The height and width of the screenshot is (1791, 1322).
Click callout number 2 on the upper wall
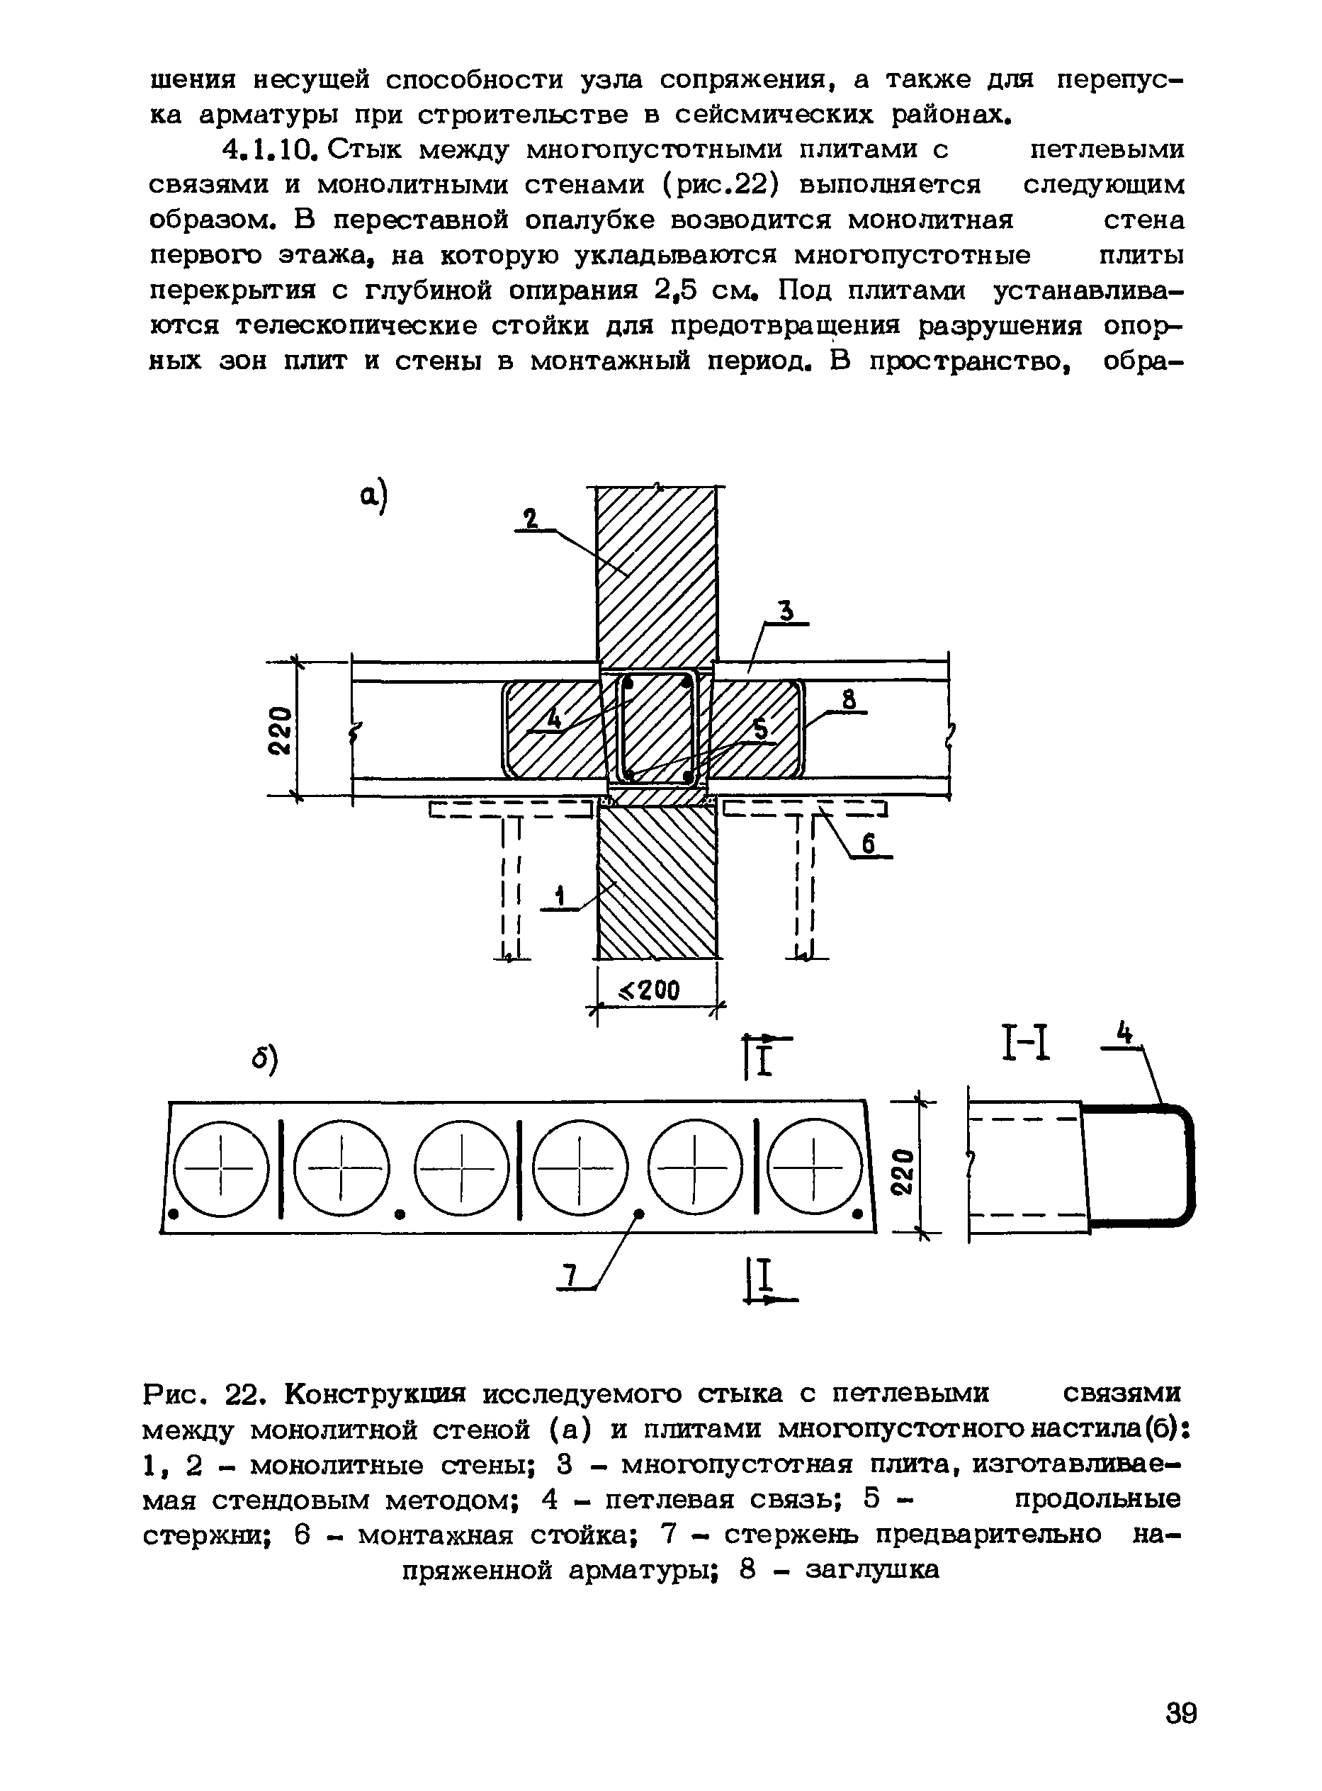click(x=530, y=520)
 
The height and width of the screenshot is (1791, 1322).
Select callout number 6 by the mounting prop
click(x=869, y=844)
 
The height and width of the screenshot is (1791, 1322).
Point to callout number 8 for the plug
click(x=850, y=700)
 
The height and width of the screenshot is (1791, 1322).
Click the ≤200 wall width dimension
click(x=650, y=990)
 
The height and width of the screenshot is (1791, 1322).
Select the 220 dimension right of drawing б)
click(x=903, y=1172)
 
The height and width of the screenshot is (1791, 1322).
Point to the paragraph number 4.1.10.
click(x=271, y=149)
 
